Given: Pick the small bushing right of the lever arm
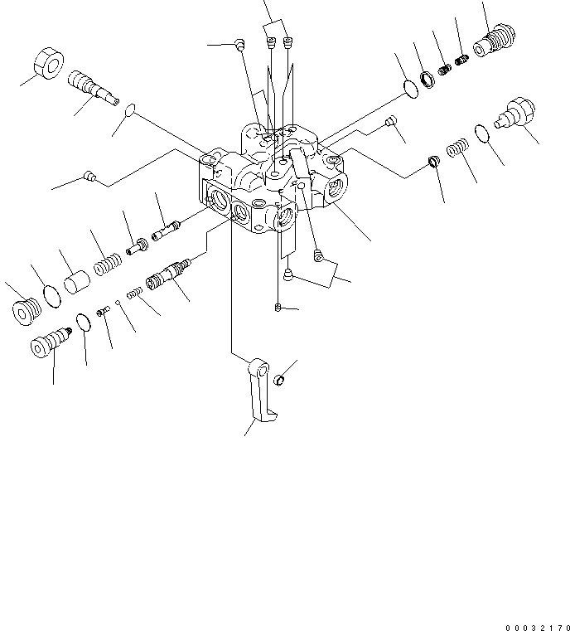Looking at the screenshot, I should pyautogui.click(x=280, y=381).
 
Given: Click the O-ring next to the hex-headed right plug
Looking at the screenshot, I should pyautogui.click(x=481, y=131).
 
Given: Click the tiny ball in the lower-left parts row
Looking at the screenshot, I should pyautogui.click(x=119, y=303).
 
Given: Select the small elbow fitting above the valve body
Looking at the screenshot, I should pyautogui.click(x=238, y=46).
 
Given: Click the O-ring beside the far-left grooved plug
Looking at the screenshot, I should pyautogui.click(x=49, y=294).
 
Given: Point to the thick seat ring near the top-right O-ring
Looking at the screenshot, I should pyautogui.click(x=428, y=80).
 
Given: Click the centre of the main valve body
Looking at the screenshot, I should pyautogui.click(x=273, y=178).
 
